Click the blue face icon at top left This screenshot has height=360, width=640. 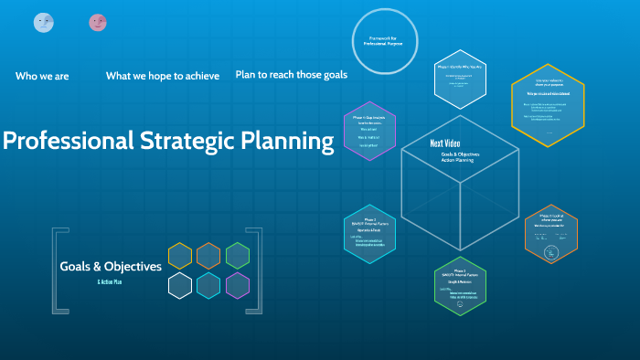point(43,23)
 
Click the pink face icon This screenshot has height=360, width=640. point(98,23)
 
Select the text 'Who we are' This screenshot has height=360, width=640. point(42,76)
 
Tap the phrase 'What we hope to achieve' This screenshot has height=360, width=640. point(163,76)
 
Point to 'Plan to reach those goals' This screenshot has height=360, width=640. point(291,74)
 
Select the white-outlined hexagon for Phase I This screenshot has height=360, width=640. point(460,80)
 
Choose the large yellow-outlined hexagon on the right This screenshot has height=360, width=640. point(547,105)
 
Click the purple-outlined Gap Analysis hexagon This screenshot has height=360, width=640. point(369,131)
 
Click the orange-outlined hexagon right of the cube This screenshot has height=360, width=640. point(551,233)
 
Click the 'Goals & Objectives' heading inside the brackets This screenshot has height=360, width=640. point(111,267)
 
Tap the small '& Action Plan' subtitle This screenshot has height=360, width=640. point(110,282)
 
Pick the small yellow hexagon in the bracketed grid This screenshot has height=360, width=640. point(180,256)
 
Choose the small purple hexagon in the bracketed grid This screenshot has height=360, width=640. point(238,285)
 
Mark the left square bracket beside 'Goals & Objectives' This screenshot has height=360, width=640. point(58,271)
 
